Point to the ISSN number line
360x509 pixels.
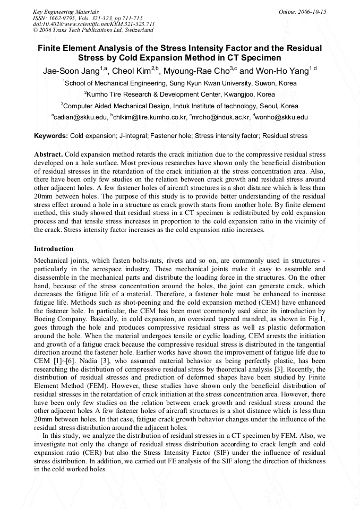82,18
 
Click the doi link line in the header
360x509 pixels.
93,24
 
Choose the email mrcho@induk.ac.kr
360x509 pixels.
220,117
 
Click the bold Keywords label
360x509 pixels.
51,136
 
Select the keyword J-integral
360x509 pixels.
135,136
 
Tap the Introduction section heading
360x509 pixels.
54,249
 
